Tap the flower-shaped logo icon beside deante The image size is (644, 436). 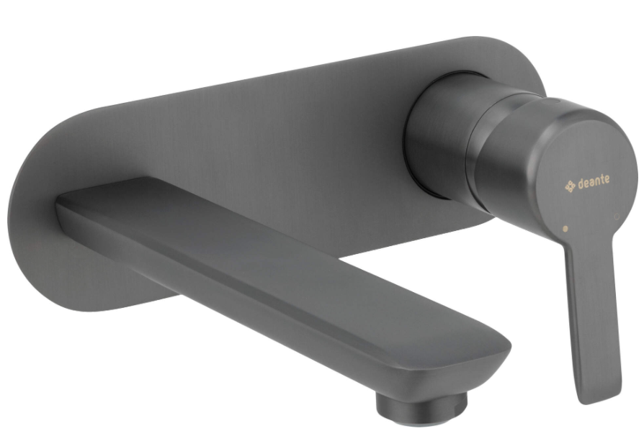click(x=570, y=186)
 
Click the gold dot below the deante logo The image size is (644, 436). click(x=565, y=228)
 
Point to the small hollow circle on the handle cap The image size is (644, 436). click(x=617, y=217)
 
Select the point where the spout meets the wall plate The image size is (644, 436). click(x=62, y=205)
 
